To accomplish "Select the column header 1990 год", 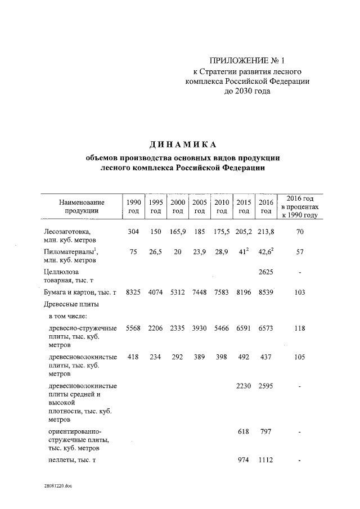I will [133, 206].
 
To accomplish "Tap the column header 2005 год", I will [199, 206].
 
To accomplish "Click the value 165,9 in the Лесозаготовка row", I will [178, 231].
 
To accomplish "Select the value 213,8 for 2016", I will [265, 231].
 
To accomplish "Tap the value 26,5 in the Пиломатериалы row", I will [155, 253].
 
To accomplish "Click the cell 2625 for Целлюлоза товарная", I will [265, 273].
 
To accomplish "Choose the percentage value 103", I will [299, 292].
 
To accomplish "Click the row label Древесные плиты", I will [71, 305].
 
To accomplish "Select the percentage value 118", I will [299, 328].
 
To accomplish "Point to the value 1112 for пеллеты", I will [265, 461].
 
